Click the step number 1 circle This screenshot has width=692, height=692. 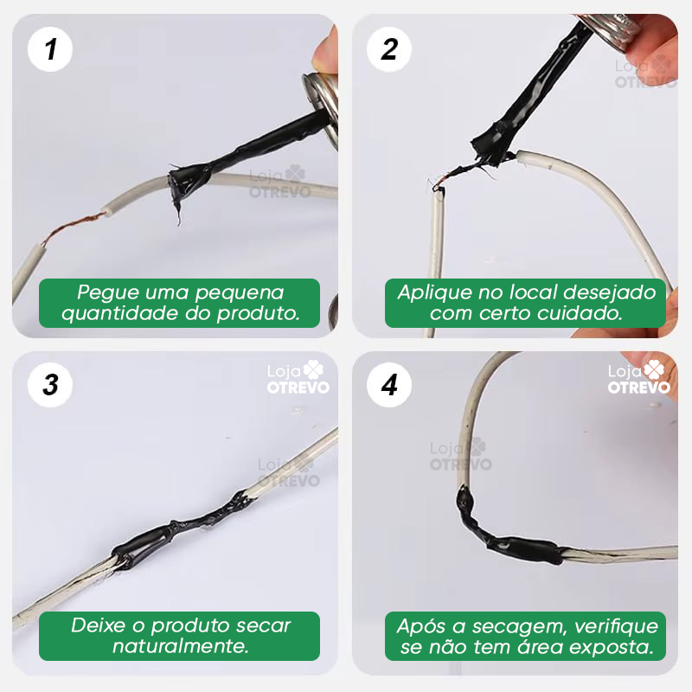click(50, 49)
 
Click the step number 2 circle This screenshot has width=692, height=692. click(389, 49)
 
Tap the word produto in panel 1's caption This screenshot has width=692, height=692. click(256, 313)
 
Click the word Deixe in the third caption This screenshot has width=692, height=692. click(99, 625)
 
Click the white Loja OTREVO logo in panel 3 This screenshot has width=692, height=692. click(298, 378)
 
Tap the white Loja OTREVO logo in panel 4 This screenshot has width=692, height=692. click(638, 378)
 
